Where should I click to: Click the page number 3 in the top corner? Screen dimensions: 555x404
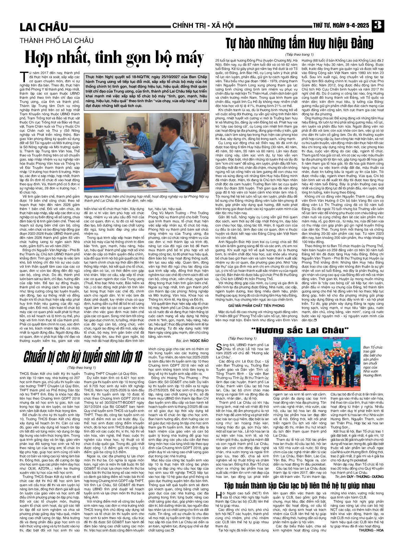378,26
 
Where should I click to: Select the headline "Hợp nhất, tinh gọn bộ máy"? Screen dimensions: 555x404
114,58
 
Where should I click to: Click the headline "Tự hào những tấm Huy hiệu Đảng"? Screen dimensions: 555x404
299,43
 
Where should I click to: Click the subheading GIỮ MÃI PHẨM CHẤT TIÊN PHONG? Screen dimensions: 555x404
256,305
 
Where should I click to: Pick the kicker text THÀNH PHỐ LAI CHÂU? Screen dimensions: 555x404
56,41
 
